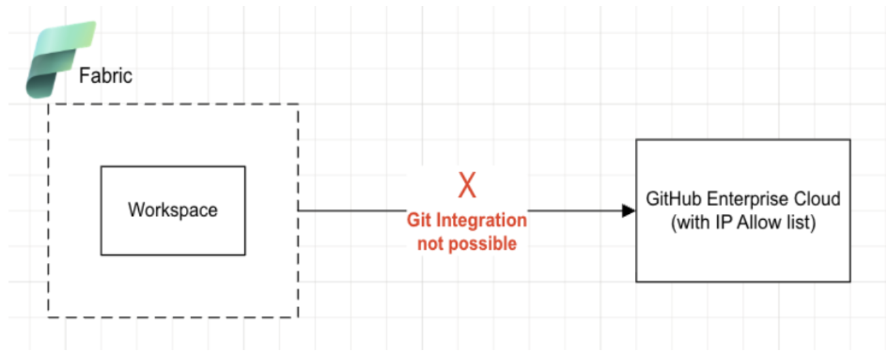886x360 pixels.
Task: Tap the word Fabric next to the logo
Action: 106,76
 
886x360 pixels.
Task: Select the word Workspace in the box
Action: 173,210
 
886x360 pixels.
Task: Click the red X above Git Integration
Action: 467,185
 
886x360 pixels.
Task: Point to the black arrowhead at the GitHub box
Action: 628,211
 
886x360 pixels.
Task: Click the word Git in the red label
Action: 420,220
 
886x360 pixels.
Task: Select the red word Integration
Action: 481,220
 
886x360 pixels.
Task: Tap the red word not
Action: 431,244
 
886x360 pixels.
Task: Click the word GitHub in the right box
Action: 674,199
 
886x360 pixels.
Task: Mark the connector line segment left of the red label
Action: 352,211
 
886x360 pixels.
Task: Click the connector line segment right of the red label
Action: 575,211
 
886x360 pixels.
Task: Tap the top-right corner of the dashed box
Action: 298,104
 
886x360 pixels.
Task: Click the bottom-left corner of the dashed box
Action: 48,317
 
